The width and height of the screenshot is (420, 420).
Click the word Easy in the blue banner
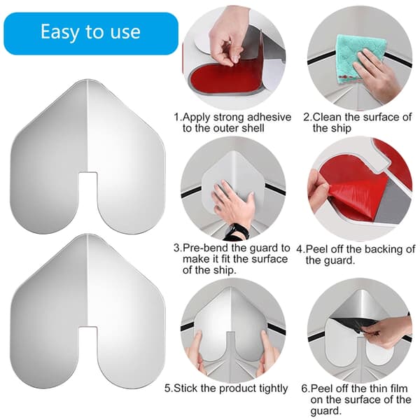pos(60,32)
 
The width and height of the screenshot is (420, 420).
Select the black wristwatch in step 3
pos(237,232)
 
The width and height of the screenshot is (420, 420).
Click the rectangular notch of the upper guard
pos(88,187)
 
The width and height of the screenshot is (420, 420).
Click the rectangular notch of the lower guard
pos(88,342)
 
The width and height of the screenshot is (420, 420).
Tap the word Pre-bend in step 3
pos(205,248)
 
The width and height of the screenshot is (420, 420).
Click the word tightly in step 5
pos(274,388)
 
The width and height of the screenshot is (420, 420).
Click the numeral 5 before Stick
pos(167,388)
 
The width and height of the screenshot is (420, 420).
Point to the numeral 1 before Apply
pos(176,118)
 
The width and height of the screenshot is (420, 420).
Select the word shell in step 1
pos(253,128)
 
